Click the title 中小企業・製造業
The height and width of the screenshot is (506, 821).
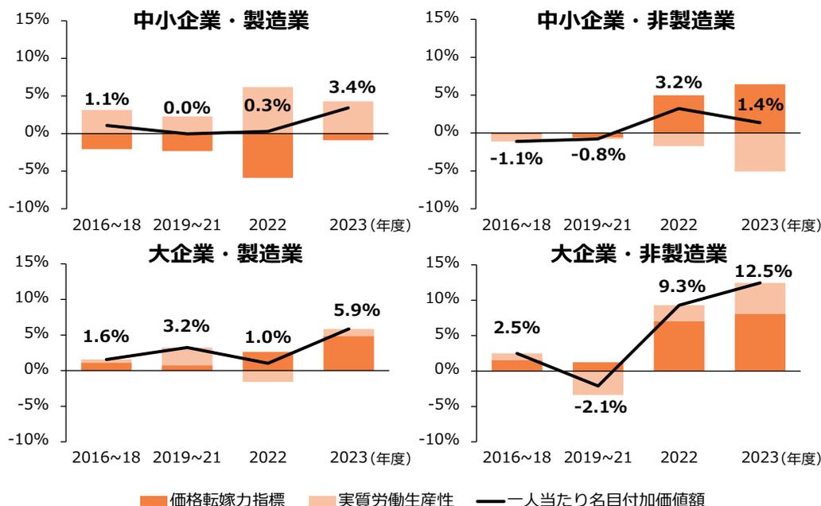[220, 21]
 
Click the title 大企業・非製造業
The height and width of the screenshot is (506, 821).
[639, 255]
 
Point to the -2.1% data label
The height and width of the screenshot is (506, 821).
[599, 407]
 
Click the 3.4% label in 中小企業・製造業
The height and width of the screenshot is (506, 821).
[352, 86]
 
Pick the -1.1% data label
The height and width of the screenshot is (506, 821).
[516, 159]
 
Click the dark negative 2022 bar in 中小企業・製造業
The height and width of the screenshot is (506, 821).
[267, 155]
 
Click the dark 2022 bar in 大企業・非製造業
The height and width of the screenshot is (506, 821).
[679, 345]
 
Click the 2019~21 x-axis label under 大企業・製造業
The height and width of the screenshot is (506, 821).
[185, 458]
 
